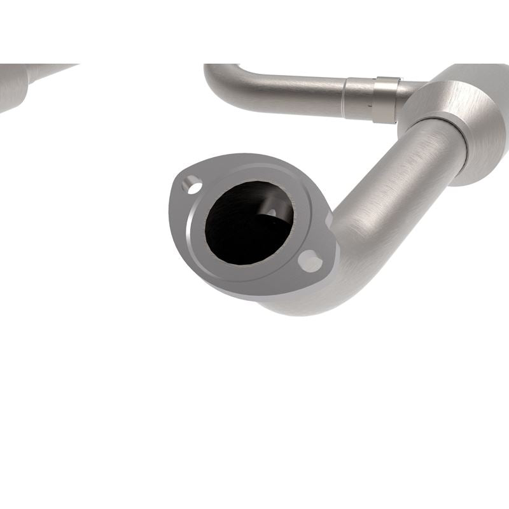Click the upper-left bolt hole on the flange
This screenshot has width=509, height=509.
(192, 185)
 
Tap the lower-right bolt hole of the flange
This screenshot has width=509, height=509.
(310, 261)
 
